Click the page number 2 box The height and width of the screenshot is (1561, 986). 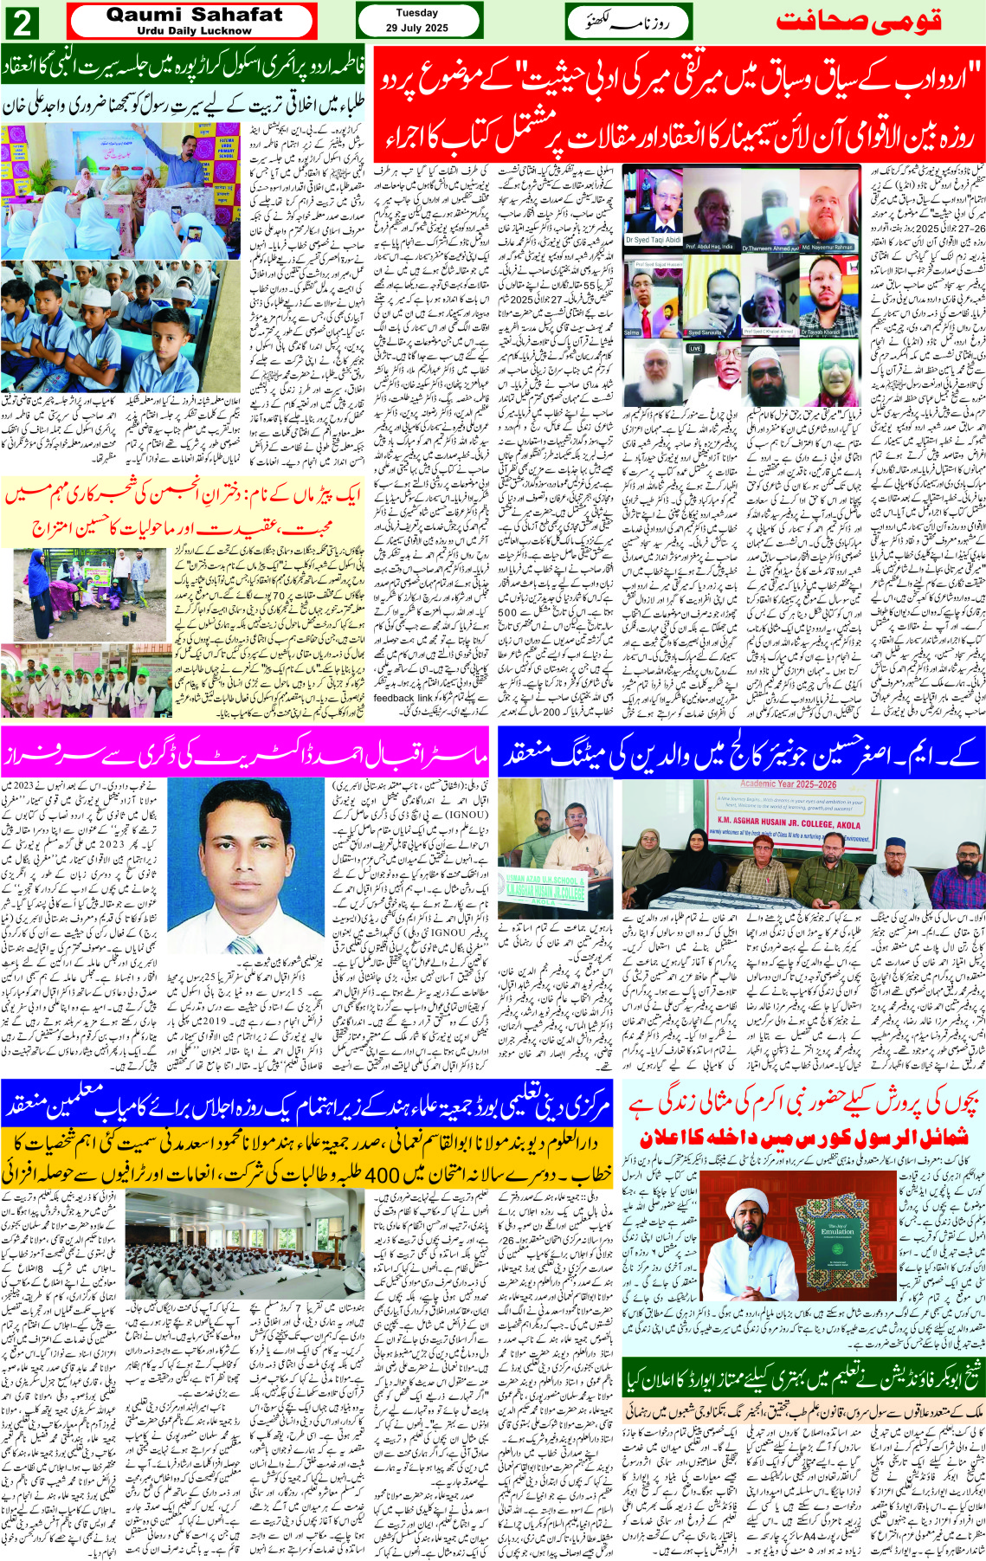click(23, 23)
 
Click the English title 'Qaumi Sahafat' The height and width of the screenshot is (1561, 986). click(194, 15)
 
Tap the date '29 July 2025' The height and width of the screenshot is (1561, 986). click(416, 28)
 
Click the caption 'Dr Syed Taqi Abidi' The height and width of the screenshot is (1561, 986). click(649, 239)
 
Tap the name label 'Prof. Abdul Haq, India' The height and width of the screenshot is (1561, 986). click(710, 246)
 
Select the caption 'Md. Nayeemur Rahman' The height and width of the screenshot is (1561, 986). click(828, 246)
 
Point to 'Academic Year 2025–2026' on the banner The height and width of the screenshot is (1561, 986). click(788, 784)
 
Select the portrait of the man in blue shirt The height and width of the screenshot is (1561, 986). click(245, 866)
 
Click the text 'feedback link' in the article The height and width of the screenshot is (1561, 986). click(403, 698)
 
